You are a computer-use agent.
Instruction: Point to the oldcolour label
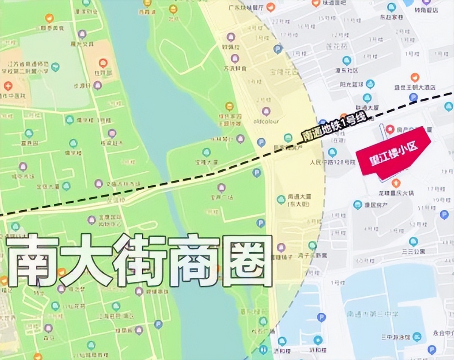[266, 122]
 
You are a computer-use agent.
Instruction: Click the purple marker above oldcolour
[266, 111]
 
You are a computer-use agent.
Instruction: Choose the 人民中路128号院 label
[333, 163]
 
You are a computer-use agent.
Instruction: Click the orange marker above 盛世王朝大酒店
[415, 78]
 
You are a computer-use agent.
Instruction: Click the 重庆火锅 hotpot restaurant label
[396, 193]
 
